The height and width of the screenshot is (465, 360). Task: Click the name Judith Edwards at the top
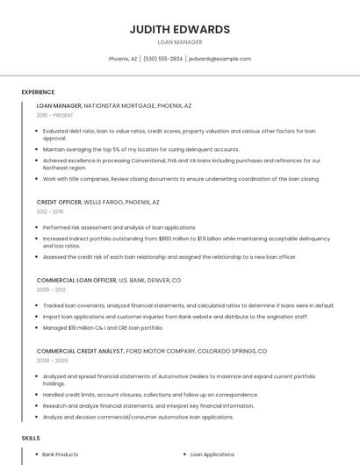coord(179,29)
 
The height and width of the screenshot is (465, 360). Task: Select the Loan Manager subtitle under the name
coord(179,42)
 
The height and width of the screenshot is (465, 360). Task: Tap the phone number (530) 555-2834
coord(162,59)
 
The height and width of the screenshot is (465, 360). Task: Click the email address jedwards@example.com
coord(220,59)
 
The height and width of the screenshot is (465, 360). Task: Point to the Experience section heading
coord(38,92)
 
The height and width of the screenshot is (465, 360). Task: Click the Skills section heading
coord(31,437)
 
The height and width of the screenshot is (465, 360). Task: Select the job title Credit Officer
coord(59,202)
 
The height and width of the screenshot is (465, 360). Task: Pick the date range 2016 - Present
coord(55,115)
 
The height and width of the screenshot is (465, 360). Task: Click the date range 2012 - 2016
coord(50,211)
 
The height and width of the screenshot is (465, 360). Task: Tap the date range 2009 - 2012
coord(51,290)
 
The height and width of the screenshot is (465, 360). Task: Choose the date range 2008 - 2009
coord(51,361)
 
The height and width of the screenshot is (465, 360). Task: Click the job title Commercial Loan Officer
coord(76,280)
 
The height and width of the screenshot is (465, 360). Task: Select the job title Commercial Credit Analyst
coord(80,351)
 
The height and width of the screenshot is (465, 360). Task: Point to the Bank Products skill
coord(61,454)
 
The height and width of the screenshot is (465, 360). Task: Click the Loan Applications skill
coord(212,454)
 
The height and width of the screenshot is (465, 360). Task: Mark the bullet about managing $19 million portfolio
coord(103,327)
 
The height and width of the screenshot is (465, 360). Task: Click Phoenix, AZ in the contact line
coord(123,59)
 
